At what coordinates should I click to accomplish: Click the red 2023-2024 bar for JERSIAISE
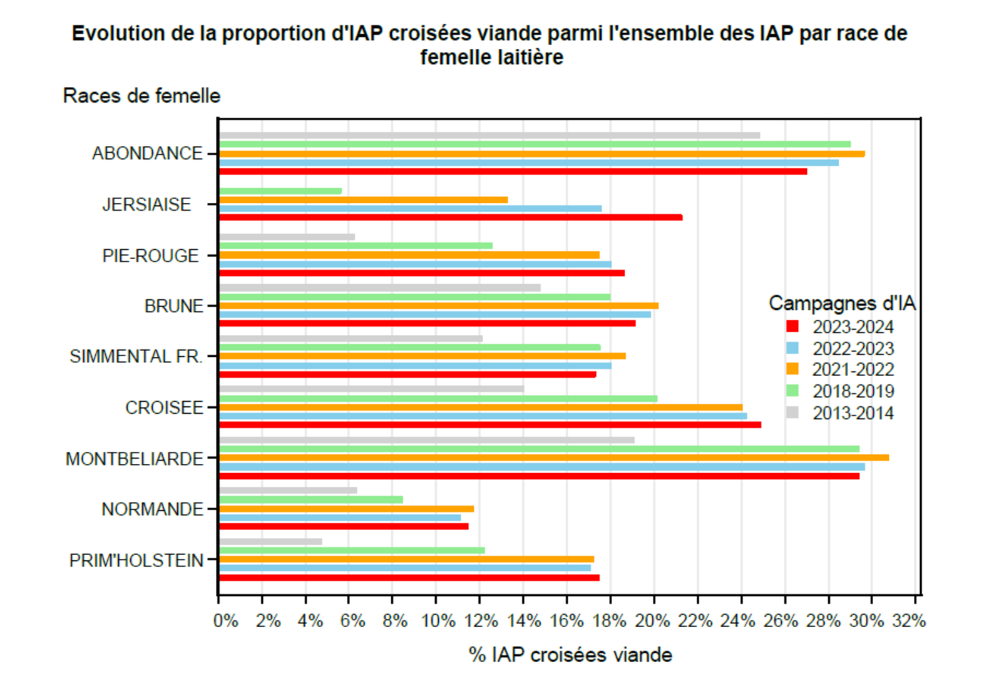pos(451,218)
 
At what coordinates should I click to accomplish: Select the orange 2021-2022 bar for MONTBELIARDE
pos(554,458)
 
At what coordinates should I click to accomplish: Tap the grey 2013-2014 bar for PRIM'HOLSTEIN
pos(271,541)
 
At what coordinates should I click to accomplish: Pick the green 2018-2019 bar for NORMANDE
pos(311,500)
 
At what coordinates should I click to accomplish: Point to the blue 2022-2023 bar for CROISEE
pos(483,416)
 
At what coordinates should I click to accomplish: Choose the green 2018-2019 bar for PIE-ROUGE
pos(356,246)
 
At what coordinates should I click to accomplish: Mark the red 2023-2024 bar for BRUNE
pos(428,324)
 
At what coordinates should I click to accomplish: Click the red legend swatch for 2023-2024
pos(792,327)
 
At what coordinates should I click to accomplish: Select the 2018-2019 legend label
pos(853,392)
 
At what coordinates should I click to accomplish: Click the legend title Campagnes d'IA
pos(842,304)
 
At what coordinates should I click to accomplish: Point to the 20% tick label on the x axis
pos(652,621)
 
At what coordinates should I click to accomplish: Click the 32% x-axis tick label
pos(909,621)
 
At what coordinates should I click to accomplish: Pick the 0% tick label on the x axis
pos(226,621)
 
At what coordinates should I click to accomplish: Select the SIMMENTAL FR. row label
pos(136,357)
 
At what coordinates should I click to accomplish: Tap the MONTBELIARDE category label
pos(134,459)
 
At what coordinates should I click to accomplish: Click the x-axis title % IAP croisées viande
pos(570,655)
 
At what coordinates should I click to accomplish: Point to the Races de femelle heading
pos(141,96)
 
